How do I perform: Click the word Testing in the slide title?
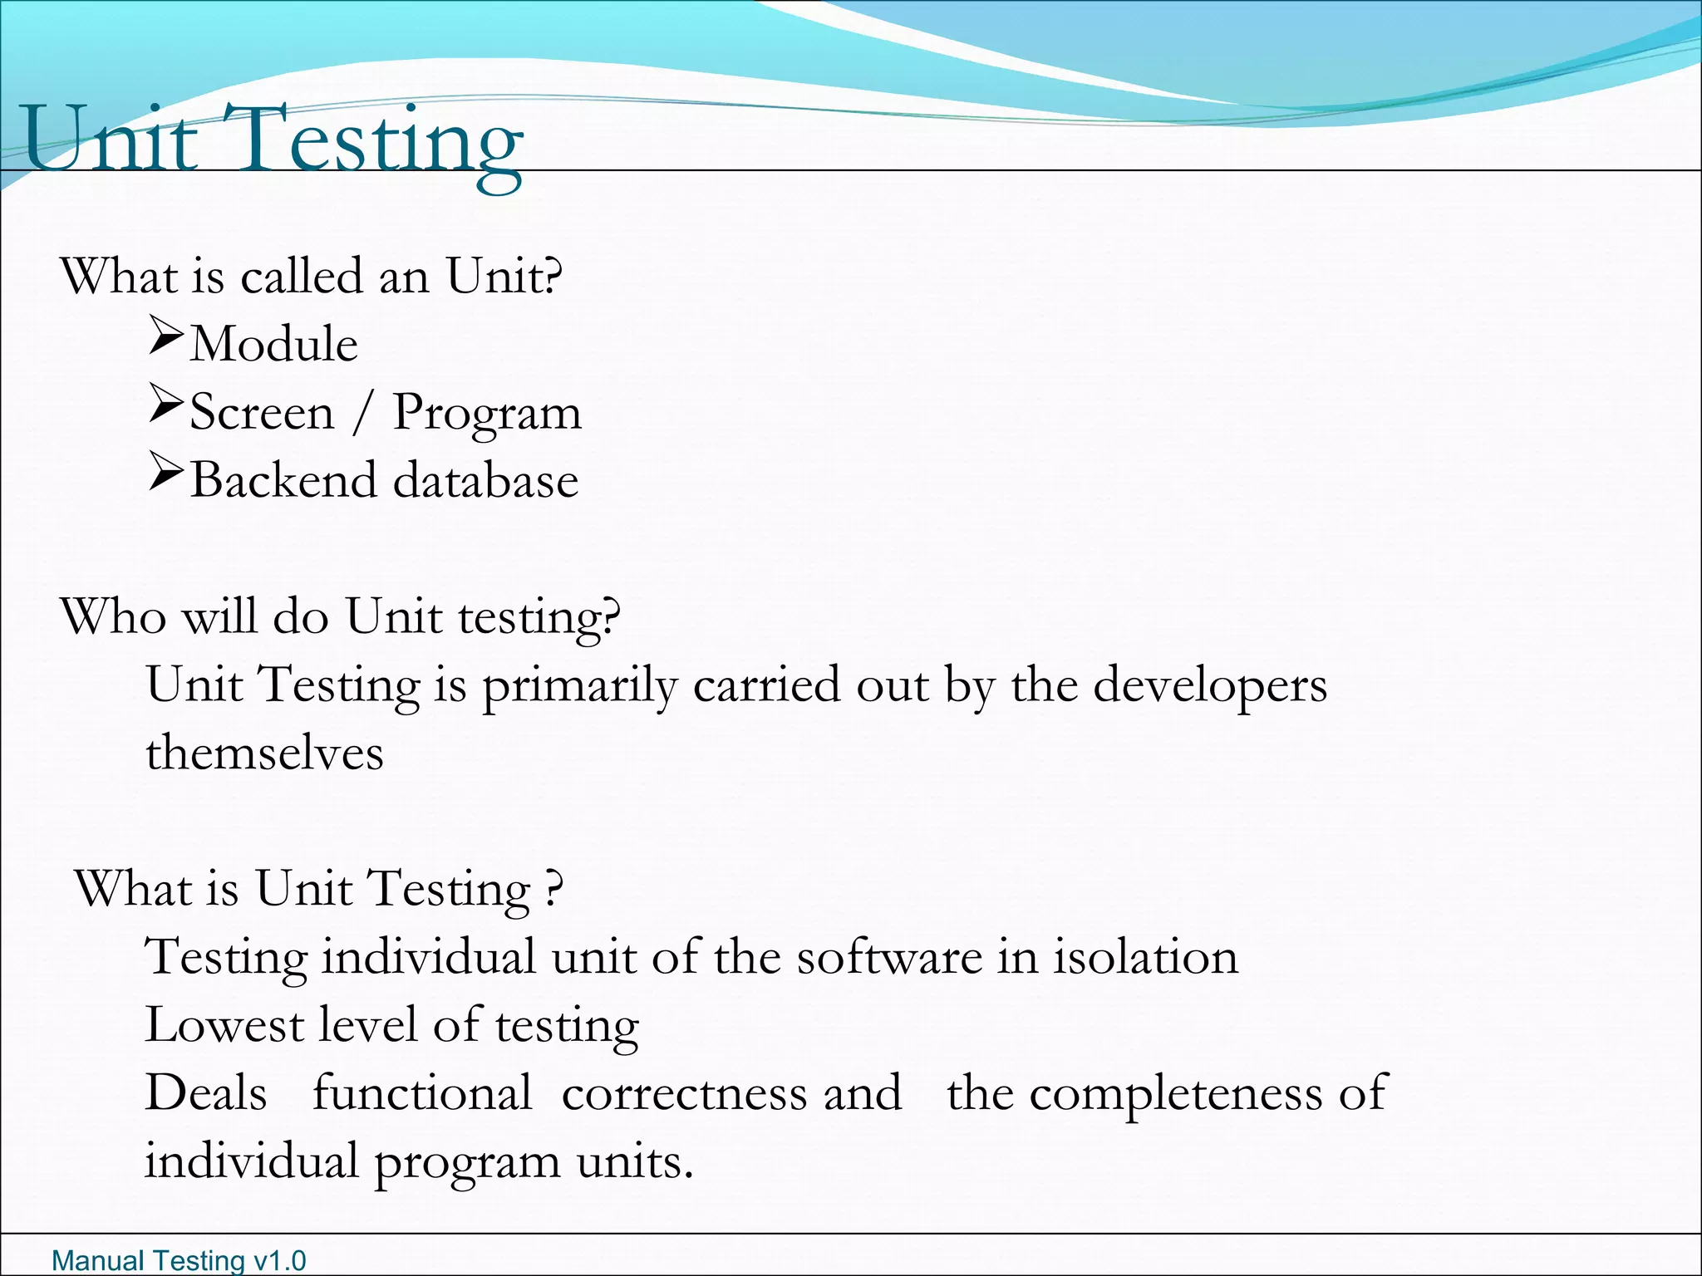tap(381, 141)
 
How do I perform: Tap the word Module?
tap(274, 344)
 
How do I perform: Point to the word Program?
tap(486, 414)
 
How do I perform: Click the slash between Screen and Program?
tap(362, 413)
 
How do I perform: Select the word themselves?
tap(264, 753)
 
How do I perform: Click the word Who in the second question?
tap(113, 616)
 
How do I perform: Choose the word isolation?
tap(1146, 957)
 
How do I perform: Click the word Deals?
tap(206, 1093)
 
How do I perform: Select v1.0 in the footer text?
tap(280, 1261)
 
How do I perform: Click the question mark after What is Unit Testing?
tap(554, 890)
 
